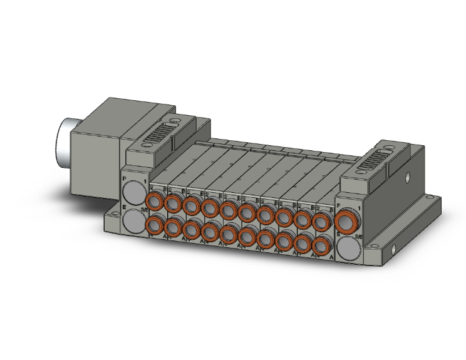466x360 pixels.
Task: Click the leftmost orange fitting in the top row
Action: pyautogui.click(x=154, y=201)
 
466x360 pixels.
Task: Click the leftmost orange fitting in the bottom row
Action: pyautogui.click(x=154, y=224)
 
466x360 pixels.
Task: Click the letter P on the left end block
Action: pyautogui.click(x=125, y=180)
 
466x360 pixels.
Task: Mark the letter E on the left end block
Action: pyautogui.click(x=124, y=207)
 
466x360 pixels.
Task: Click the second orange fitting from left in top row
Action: pyautogui.click(x=173, y=203)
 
